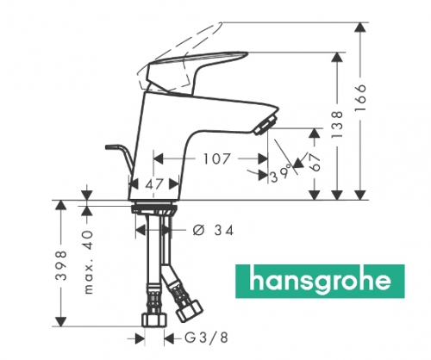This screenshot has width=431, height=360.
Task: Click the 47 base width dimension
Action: point(152,183)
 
